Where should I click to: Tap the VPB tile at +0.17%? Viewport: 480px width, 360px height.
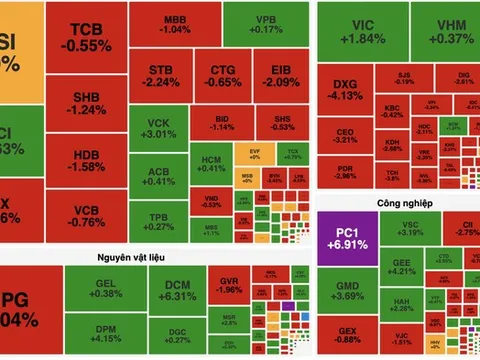point(265,24)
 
